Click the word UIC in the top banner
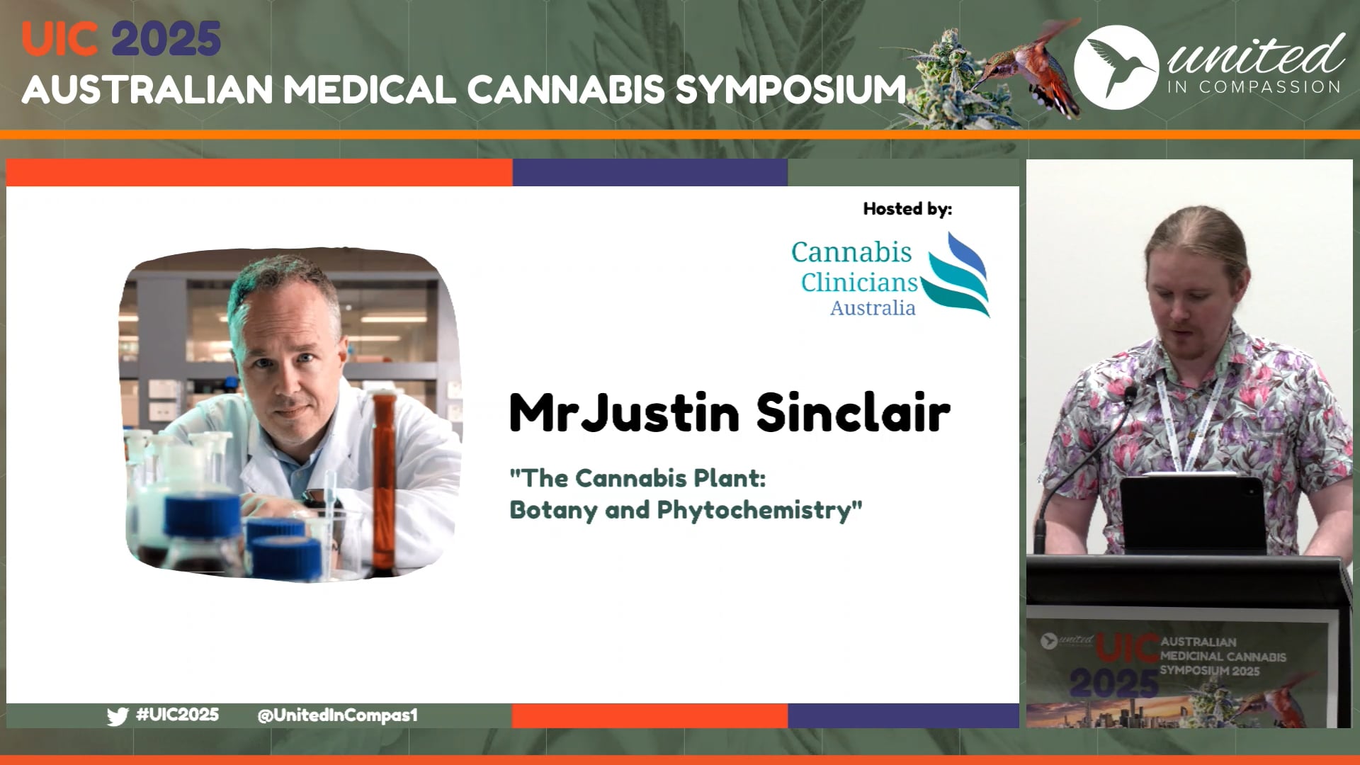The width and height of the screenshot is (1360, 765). tap(59, 39)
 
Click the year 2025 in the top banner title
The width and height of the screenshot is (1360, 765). tap(166, 39)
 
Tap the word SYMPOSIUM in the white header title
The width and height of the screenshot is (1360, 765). tap(790, 90)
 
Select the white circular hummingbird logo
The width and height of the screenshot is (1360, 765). tap(1116, 67)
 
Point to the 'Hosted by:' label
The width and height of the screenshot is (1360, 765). tap(907, 209)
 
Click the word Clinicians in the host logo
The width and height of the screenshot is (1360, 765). tap(859, 282)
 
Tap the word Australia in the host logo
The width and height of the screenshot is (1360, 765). tap(873, 308)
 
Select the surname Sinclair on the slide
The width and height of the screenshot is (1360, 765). tap(854, 412)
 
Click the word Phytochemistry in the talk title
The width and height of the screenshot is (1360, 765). tap(759, 510)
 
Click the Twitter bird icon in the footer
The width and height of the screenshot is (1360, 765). tap(118, 716)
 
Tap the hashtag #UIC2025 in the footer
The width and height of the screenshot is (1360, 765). tap(177, 715)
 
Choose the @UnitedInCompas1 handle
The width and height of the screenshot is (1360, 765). tap(337, 715)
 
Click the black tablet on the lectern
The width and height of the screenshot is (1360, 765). tap(1192, 514)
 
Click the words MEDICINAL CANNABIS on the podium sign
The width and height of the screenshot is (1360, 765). tap(1223, 657)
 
